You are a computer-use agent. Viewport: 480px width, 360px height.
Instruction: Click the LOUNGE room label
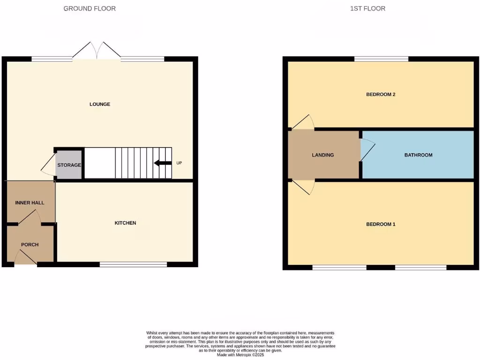click(100, 104)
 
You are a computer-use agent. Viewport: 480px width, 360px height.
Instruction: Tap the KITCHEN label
click(125, 223)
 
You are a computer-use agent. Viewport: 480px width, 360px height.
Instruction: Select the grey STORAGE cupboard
click(69, 165)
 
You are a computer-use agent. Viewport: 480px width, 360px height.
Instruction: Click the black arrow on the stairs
click(163, 163)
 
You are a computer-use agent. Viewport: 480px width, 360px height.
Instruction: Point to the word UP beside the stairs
click(179, 163)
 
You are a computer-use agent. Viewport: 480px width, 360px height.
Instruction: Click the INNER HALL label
click(30, 203)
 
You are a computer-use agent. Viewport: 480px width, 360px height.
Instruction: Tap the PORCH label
click(30, 245)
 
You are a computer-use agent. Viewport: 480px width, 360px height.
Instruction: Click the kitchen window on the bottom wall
click(134, 265)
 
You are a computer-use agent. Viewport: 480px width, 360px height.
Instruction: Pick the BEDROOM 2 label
click(381, 94)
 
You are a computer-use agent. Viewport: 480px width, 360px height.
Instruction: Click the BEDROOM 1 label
click(381, 224)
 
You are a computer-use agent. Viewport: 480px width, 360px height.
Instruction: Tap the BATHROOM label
click(418, 155)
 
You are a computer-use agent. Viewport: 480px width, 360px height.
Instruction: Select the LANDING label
click(323, 155)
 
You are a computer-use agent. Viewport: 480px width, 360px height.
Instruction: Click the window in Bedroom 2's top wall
click(381, 59)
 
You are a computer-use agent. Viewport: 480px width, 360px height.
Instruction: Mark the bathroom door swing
click(367, 150)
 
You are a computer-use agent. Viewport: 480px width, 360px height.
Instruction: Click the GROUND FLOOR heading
click(90, 8)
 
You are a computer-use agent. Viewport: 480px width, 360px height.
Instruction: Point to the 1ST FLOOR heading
click(367, 8)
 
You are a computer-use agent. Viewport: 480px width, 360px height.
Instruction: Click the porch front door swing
click(26, 257)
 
